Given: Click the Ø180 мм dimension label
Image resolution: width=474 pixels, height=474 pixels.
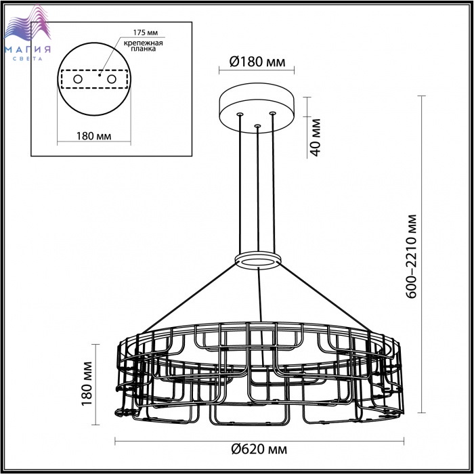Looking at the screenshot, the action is pyautogui.click(x=257, y=62).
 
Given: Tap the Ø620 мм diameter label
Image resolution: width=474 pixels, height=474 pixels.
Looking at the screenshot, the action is pyautogui.click(x=259, y=449).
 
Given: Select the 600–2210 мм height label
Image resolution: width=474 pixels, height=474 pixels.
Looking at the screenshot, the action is pyautogui.click(x=411, y=257).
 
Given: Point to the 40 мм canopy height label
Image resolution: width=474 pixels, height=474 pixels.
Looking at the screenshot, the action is pyautogui.click(x=316, y=137).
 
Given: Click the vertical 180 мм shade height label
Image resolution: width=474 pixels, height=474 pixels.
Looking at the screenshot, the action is pyautogui.click(x=87, y=383).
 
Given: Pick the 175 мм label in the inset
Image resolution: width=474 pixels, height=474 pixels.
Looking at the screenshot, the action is pyautogui.click(x=146, y=33).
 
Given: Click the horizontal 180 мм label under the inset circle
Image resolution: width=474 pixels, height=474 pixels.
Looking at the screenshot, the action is pyautogui.click(x=93, y=136).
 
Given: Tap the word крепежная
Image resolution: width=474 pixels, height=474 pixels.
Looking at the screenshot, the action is pyautogui.click(x=144, y=43).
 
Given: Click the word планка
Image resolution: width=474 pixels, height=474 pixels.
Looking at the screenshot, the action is pyautogui.click(x=144, y=49).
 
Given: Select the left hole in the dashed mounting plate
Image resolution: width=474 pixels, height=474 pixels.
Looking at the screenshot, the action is pyautogui.click(x=78, y=79).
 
